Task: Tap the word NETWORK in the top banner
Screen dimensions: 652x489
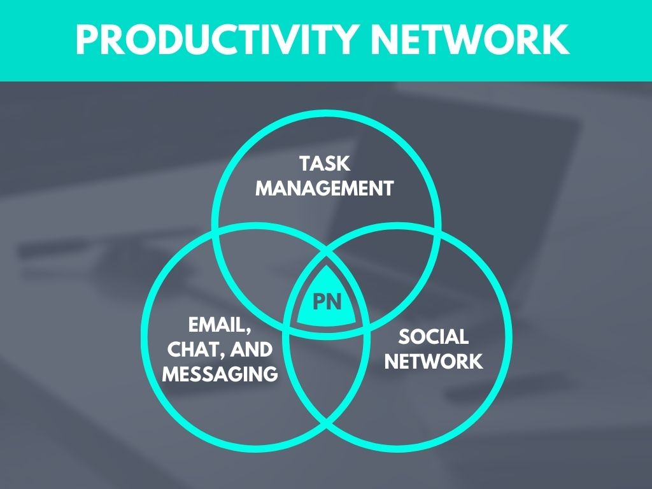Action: pos(470,40)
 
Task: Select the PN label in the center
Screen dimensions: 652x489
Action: pos(327,302)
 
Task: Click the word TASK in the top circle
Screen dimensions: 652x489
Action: pos(325,164)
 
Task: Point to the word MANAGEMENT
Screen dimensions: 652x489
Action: pos(325,188)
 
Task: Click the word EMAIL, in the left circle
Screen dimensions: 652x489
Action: pos(220,325)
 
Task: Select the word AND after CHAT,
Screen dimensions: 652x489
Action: pos(252,350)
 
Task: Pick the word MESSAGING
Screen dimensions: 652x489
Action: pos(220,374)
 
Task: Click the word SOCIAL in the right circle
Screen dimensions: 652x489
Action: pos(434,337)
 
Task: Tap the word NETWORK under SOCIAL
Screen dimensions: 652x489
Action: pos(434,362)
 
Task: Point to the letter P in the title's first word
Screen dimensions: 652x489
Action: pos(88,40)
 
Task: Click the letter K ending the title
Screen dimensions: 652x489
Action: pos(555,40)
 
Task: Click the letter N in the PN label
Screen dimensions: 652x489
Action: pos(334,302)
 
